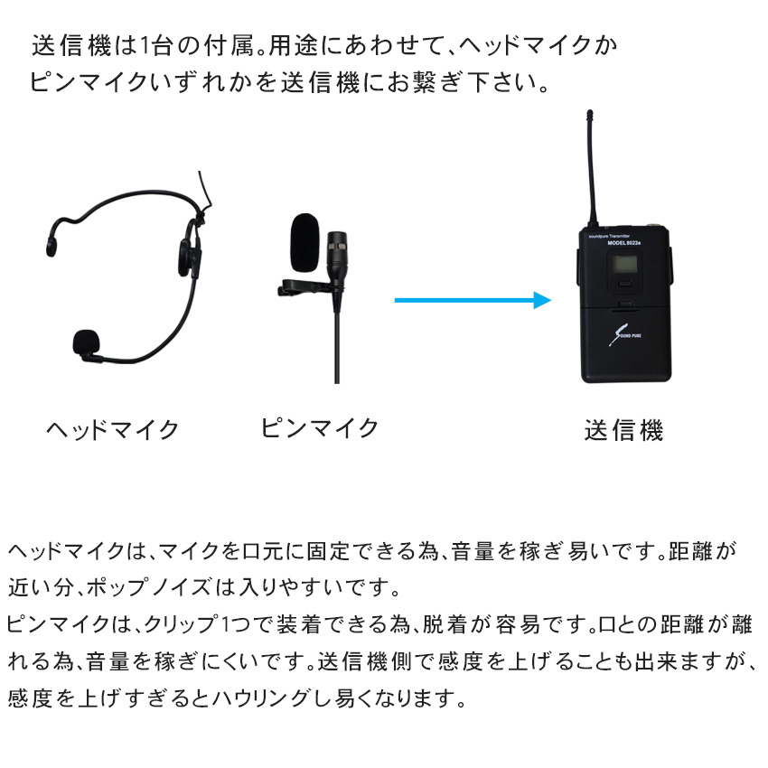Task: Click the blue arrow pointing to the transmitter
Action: coord(473,300)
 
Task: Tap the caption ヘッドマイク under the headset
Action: coord(113,430)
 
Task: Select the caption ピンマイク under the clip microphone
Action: coord(319,428)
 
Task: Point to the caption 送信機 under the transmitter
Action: coord(624,430)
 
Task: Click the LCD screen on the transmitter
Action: coord(623,265)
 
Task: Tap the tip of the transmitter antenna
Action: coord(590,113)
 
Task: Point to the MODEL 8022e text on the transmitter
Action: coord(624,243)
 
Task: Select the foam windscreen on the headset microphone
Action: coord(87,342)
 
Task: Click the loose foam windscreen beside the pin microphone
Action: coord(305,242)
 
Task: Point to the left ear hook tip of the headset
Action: coord(51,247)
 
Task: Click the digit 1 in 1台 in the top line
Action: coord(145,46)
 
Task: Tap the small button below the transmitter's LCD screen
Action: coord(624,284)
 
